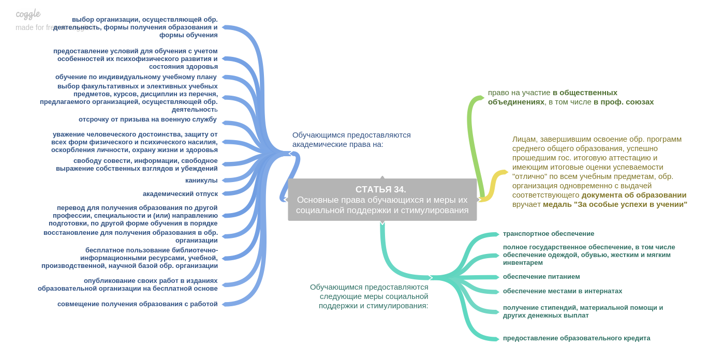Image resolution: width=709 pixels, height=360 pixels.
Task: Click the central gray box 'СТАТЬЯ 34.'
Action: point(382,200)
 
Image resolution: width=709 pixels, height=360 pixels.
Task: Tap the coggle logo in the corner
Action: point(28,14)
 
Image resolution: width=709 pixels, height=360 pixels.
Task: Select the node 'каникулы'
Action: point(201,181)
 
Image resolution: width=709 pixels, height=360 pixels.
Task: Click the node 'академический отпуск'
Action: point(180,194)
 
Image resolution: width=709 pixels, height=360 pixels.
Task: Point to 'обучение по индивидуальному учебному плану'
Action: point(136,77)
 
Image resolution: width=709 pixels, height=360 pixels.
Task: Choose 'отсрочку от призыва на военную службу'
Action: point(147,119)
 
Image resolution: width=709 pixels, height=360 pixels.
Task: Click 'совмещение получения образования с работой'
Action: point(138,304)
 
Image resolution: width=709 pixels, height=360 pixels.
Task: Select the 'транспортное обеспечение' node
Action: point(549,234)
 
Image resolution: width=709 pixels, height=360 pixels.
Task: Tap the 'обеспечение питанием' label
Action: point(541,277)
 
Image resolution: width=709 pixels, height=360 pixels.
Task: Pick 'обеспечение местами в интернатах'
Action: point(563,291)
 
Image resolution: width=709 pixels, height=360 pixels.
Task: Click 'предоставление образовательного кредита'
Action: point(577,338)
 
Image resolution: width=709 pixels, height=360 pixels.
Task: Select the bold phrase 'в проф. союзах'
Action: point(624,102)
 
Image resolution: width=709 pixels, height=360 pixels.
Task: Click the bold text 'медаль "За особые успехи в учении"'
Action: point(615,204)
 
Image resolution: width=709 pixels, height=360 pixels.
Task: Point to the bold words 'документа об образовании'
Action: point(634,195)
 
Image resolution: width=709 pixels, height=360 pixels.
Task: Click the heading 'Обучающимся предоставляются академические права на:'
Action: point(351,140)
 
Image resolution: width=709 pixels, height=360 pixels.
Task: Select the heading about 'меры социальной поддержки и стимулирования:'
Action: point(370,296)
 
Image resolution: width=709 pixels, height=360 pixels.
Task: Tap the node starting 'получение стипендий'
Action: point(583,311)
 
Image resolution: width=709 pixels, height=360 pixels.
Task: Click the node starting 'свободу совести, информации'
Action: point(137,164)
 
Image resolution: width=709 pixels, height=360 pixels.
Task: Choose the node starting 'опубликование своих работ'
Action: point(128,284)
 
